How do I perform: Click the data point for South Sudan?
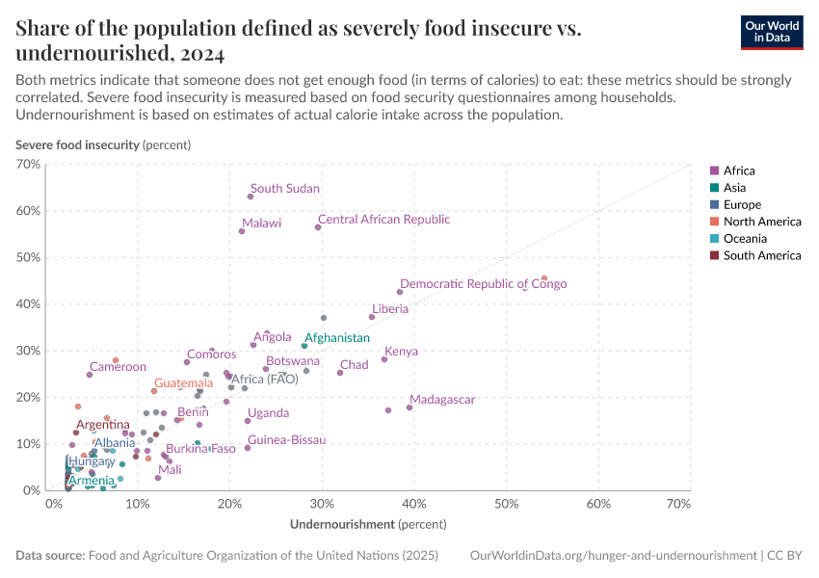click(x=251, y=197)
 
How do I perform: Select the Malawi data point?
click(x=242, y=231)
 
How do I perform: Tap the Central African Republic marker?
click(x=318, y=227)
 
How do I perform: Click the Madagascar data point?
click(x=409, y=407)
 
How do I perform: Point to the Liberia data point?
click(x=372, y=317)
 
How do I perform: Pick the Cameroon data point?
click(x=90, y=375)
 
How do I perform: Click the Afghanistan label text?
click(x=336, y=338)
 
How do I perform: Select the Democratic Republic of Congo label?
click(x=483, y=284)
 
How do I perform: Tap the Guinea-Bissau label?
click(x=286, y=440)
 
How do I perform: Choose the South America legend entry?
click(x=761, y=255)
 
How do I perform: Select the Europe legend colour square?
click(x=714, y=205)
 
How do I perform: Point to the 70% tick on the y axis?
click(x=29, y=165)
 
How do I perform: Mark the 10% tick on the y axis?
click(x=29, y=444)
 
